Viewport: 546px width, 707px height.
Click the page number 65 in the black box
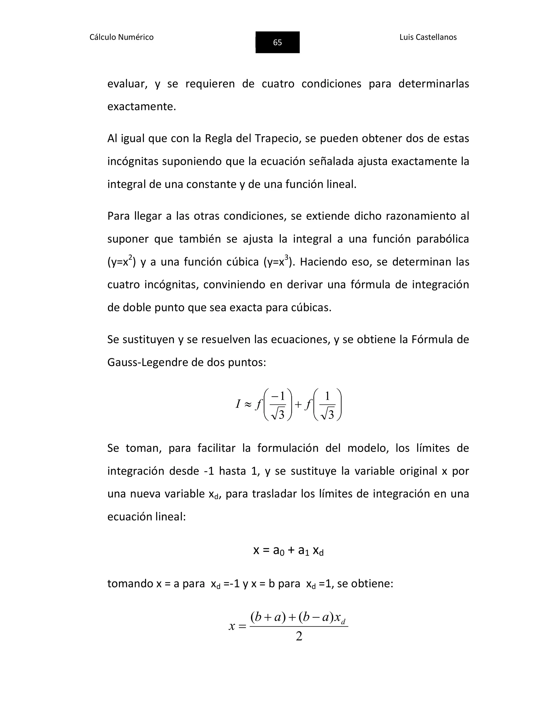(277, 42)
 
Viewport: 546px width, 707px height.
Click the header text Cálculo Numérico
(121, 37)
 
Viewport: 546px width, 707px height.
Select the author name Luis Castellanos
(428, 37)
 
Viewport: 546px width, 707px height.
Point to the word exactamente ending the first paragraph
(141, 106)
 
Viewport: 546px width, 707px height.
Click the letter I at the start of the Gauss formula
(238, 404)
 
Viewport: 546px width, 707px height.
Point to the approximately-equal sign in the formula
(248, 405)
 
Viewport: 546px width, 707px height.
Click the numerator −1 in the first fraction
(278, 396)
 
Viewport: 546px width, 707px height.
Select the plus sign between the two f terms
(299, 404)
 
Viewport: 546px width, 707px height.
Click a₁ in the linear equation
(303, 550)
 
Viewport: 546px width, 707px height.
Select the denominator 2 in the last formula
(299, 636)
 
